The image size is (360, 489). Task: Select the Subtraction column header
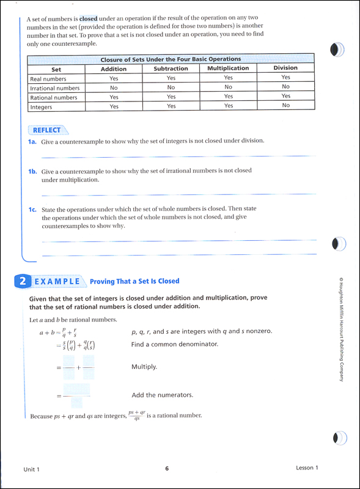point(171,68)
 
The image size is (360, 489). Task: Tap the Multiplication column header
point(228,68)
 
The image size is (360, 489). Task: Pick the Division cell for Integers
point(285,106)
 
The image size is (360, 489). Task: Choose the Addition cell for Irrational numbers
point(114,87)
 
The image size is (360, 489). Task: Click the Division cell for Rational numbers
point(285,97)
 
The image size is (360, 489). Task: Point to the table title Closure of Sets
point(171,59)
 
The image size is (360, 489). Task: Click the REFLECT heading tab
point(47,130)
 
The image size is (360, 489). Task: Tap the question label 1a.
point(33,141)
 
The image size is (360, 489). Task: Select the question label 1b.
point(33,171)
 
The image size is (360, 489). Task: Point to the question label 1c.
point(33,209)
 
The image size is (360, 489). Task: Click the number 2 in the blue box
point(22,281)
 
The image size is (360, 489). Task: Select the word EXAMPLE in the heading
point(57,281)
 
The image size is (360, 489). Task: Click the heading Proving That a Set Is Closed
point(134,281)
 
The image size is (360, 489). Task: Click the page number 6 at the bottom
point(166,468)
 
